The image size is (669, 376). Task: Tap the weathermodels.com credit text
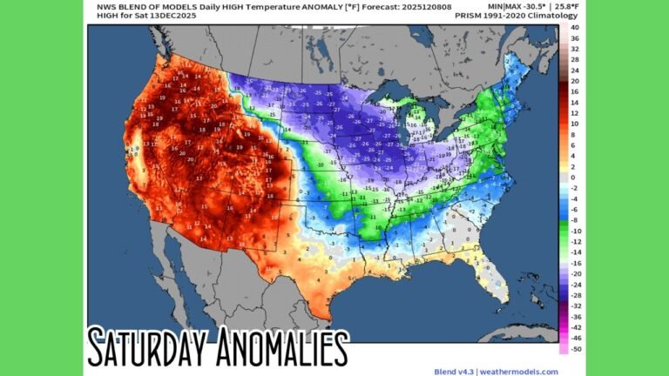click(518, 370)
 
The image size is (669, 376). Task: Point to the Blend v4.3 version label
click(453, 370)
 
